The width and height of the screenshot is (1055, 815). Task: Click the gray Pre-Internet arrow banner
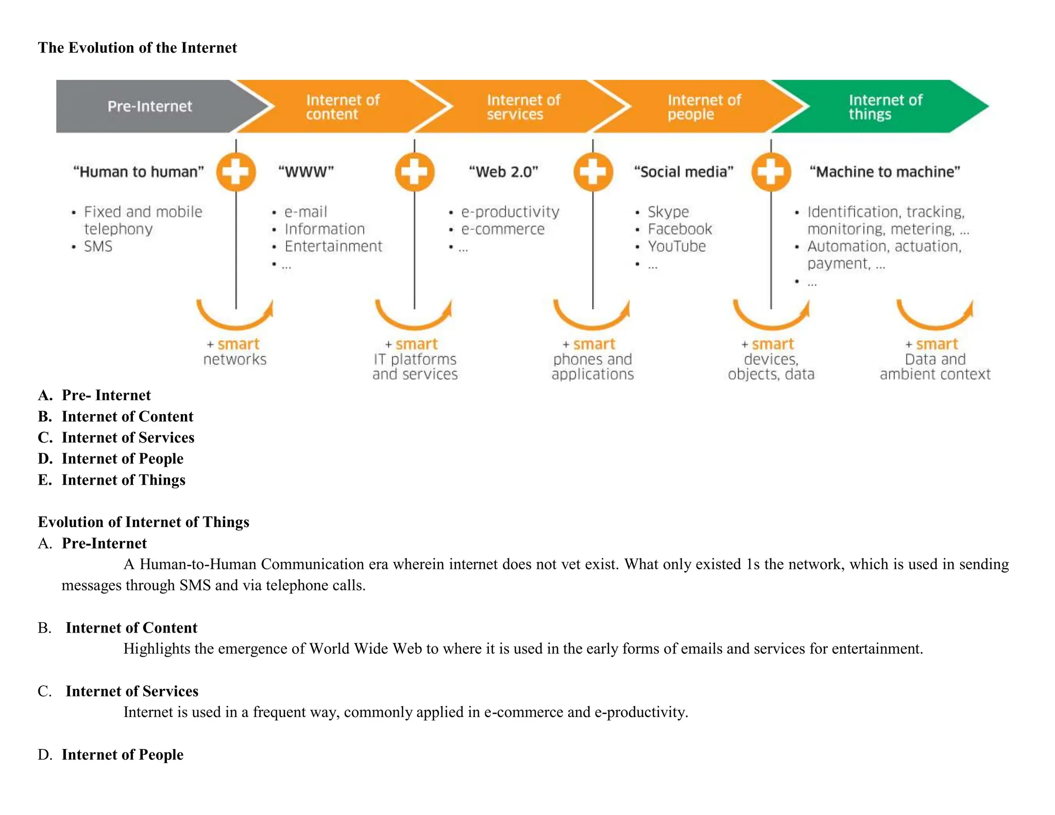coord(149,106)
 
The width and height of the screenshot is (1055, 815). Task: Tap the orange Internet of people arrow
coord(703,107)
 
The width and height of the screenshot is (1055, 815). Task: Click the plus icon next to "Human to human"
coord(236,172)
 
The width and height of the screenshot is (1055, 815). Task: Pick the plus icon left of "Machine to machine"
coord(771,172)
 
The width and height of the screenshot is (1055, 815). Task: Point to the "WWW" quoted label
coord(306,172)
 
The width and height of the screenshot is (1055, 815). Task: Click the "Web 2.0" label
coord(503,172)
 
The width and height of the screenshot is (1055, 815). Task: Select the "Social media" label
coord(684,172)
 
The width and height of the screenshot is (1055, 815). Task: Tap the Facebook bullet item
coord(679,229)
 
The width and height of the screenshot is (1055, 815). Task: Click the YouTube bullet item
coord(676,246)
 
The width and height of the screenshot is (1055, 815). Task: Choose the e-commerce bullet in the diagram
coord(502,229)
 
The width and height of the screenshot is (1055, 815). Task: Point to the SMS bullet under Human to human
coord(98,246)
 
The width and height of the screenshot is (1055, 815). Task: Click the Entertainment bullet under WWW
coord(333,246)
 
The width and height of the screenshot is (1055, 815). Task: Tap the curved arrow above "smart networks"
coord(235,315)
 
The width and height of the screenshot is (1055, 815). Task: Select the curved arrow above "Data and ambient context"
coord(935,315)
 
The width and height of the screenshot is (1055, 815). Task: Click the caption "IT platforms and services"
coord(415,366)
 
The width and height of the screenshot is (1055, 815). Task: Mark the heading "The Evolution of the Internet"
coord(138,48)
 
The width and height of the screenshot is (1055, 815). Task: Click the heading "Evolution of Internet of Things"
coord(143,522)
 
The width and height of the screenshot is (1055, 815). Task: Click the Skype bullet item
coord(668,212)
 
